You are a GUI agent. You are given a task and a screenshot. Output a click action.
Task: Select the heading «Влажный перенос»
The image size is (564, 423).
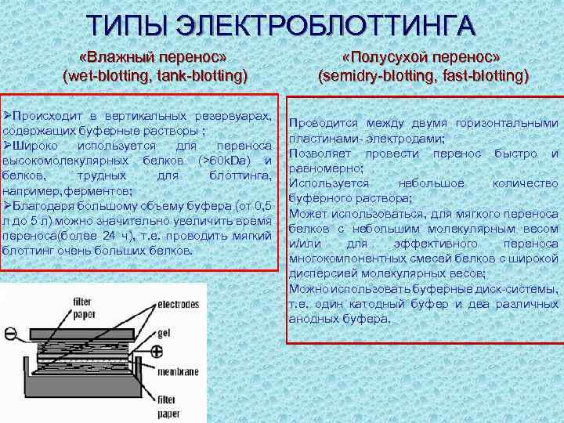154,59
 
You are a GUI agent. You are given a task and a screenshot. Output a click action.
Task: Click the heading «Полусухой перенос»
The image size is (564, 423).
423,59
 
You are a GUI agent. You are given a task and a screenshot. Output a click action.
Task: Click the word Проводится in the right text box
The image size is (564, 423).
322,124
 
